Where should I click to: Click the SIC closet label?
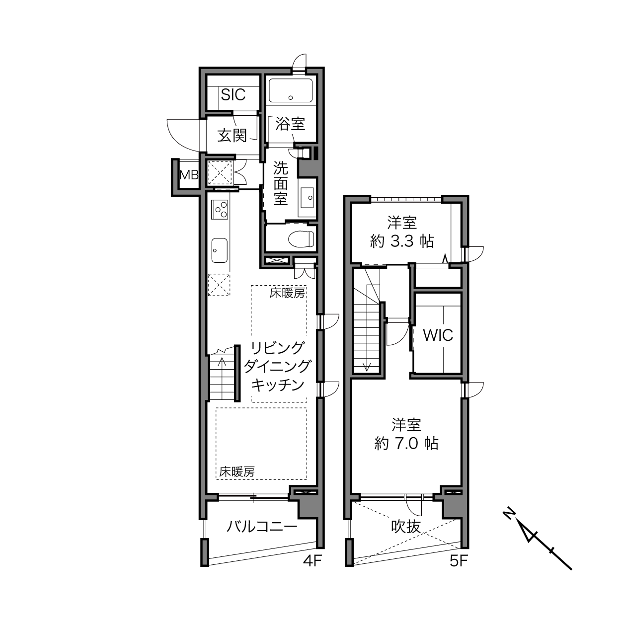(x=233, y=94)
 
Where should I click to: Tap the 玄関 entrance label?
(x=232, y=135)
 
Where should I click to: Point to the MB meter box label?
(x=189, y=175)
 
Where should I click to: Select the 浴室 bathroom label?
(x=290, y=124)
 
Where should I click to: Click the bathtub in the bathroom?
(x=291, y=90)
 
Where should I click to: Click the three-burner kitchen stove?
(x=220, y=210)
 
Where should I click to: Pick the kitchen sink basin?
(x=219, y=251)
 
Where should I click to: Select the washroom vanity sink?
(x=308, y=197)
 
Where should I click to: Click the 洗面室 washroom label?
(x=281, y=183)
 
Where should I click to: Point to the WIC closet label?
(x=438, y=335)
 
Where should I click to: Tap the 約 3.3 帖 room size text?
(x=402, y=241)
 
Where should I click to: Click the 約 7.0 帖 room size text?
(x=406, y=444)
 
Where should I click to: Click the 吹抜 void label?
(x=406, y=527)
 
